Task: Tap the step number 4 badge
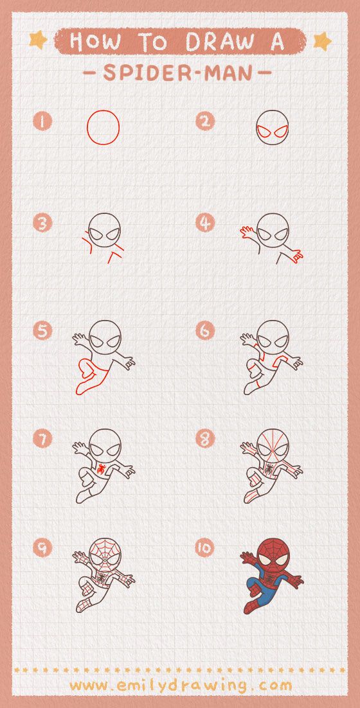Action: pos(205,223)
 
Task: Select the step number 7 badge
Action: pos(42,439)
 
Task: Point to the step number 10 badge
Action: pos(205,548)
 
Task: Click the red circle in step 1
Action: pos(104,127)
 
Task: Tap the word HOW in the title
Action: pos(94,42)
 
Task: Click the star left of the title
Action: pos(38,40)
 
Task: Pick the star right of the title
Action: pos(322,41)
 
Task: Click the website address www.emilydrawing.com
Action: pos(180,686)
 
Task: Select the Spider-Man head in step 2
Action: pos(272,127)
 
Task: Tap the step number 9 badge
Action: pos(42,548)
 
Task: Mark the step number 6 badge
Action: pos(205,331)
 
